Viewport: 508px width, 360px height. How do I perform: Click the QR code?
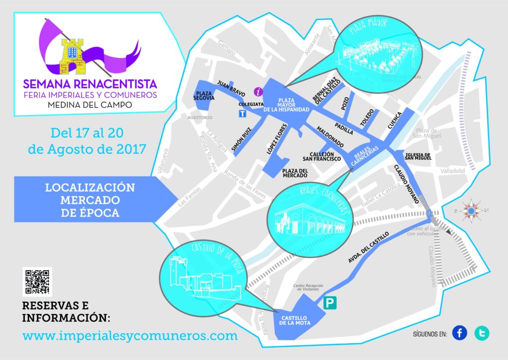click(x=37, y=281)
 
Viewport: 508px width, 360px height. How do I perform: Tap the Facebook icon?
click(x=459, y=333)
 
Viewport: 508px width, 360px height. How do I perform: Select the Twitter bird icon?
click(x=481, y=333)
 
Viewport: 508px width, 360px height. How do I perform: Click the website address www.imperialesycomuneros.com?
click(x=130, y=335)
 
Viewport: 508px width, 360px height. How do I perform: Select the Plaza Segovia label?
click(x=205, y=95)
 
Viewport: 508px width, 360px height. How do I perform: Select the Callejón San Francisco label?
click(x=322, y=156)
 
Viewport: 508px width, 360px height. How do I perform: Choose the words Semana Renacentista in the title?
click(x=90, y=82)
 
